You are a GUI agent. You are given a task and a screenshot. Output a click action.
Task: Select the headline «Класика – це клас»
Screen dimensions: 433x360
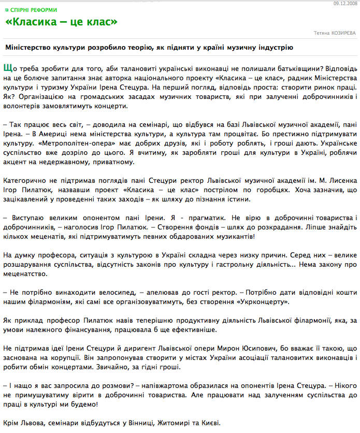tap(61, 22)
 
